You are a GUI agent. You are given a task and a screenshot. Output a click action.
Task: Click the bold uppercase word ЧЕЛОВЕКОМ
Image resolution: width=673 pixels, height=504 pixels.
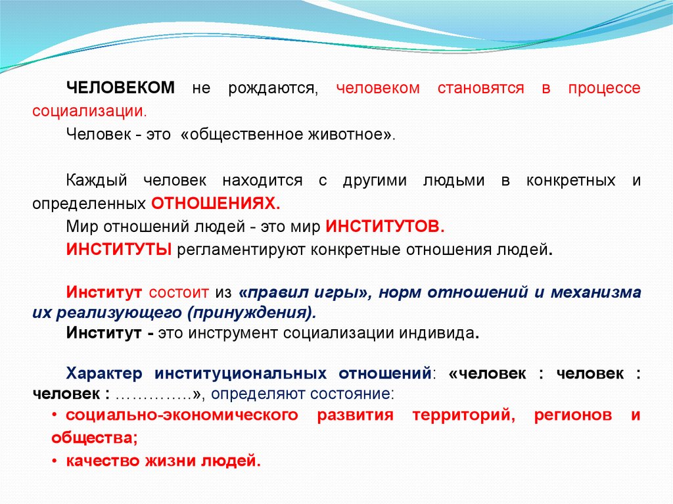(x=121, y=87)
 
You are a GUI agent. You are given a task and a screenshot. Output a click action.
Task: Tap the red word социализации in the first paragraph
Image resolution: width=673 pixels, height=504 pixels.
(x=89, y=111)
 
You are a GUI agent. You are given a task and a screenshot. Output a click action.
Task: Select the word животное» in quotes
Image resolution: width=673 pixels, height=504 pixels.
(x=352, y=134)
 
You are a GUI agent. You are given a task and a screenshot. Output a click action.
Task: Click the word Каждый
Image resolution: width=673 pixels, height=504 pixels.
(x=97, y=180)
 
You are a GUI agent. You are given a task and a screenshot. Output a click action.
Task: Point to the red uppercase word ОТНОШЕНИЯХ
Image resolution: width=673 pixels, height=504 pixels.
(x=216, y=204)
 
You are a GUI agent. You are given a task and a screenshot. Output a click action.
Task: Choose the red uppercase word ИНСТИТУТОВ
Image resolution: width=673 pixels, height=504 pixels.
(x=384, y=226)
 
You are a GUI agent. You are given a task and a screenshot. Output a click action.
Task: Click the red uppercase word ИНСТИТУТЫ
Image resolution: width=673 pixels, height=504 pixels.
(x=119, y=250)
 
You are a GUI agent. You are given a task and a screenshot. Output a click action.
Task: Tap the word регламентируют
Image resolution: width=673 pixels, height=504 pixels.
(x=241, y=250)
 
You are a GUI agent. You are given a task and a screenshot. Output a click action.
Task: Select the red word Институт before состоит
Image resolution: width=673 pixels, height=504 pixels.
(x=104, y=292)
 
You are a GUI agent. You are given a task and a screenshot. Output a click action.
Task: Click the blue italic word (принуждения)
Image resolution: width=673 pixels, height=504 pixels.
(x=252, y=313)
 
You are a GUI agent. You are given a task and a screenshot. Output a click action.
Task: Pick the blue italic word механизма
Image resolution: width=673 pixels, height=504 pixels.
(x=595, y=292)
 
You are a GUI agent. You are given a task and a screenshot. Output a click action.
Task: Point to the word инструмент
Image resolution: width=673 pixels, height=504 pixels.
(x=233, y=333)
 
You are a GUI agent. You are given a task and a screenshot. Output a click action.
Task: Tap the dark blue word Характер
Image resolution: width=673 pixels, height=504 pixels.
(x=104, y=373)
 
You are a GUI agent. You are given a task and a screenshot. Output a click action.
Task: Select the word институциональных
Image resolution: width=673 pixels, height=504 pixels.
(x=241, y=373)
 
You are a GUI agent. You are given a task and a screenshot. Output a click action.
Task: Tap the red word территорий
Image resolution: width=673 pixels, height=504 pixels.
(x=463, y=415)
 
